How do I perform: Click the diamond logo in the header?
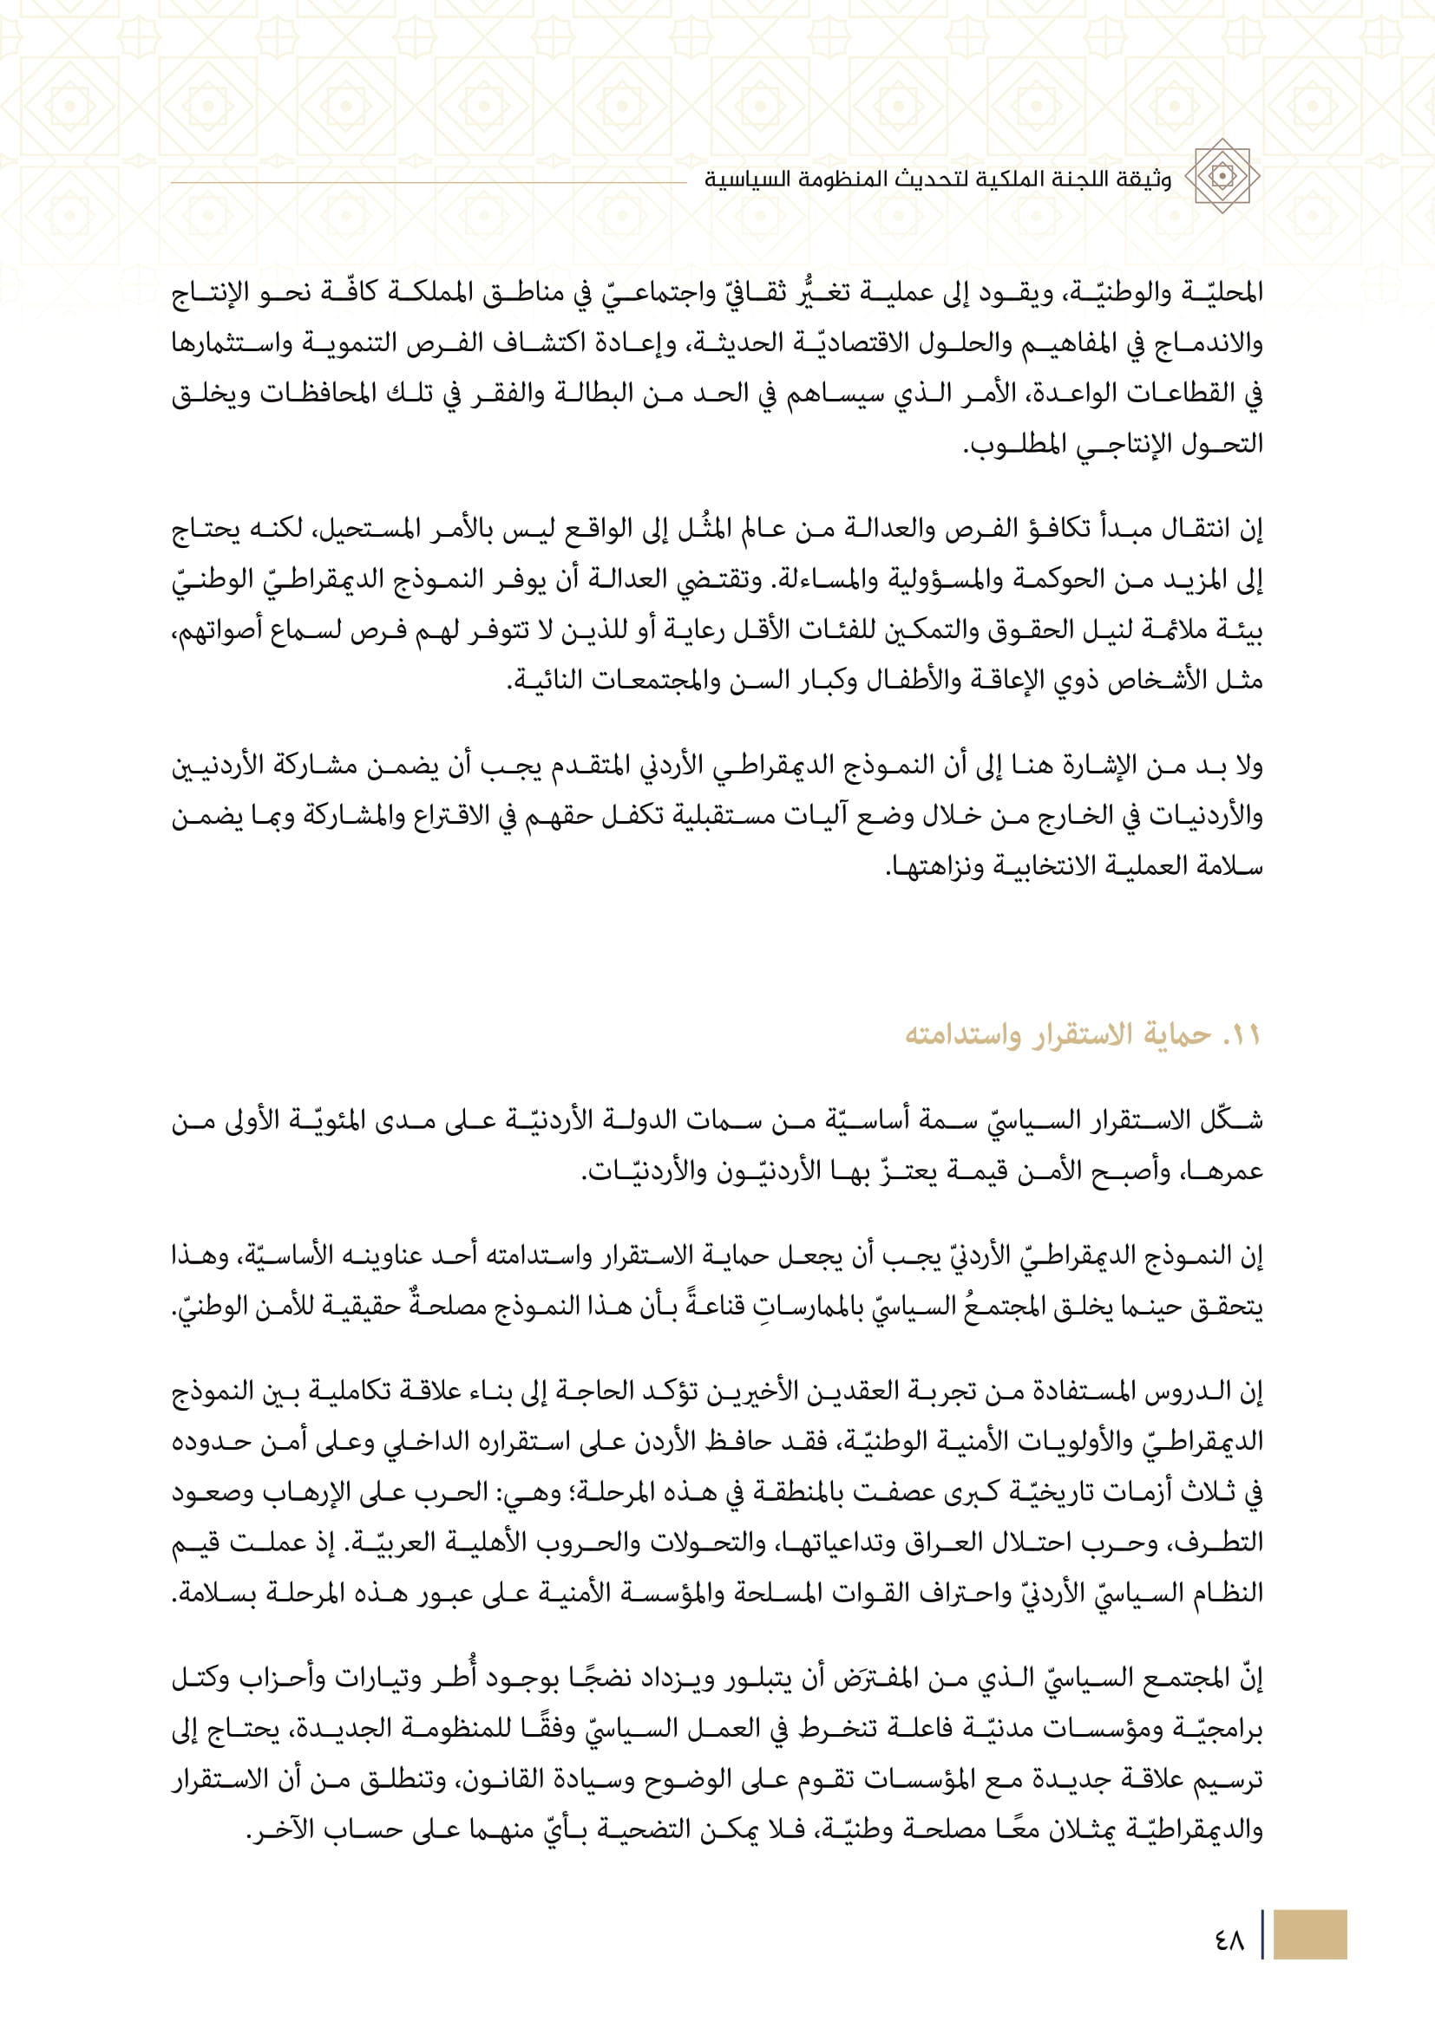pos(1222,176)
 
